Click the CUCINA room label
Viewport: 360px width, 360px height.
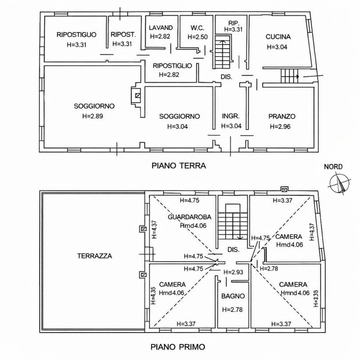point(278,37)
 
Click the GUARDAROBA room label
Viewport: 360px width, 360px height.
point(187,217)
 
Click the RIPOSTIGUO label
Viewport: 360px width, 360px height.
point(76,35)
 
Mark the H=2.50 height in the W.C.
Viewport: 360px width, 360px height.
point(198,36)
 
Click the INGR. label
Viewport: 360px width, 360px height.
point(230,116)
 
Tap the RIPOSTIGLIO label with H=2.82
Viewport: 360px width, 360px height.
point(172,66)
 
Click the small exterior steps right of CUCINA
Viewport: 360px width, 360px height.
point(290,76)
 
